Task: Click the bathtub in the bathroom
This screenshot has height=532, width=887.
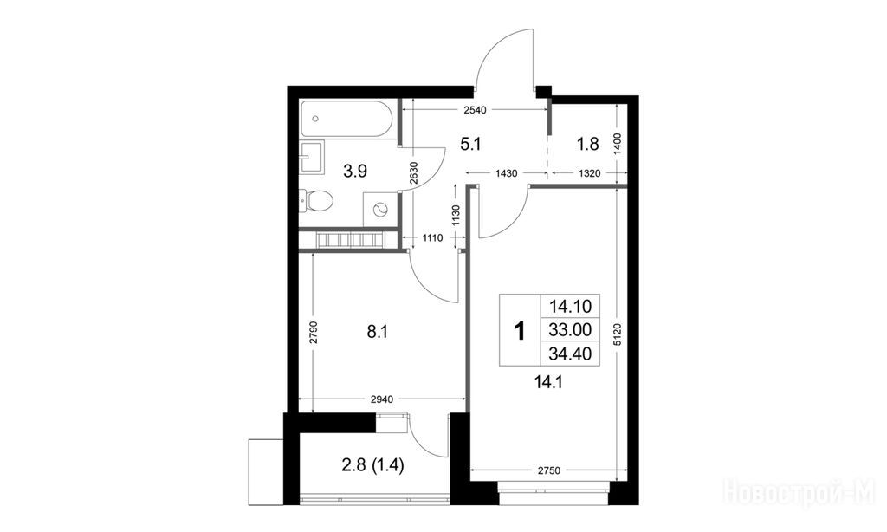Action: click(x=346, y=119)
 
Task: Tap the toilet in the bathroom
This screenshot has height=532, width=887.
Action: click(x=317, y=200)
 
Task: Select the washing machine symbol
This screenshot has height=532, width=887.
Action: click(x=379, y=210)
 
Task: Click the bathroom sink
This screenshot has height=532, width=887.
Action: click(x=312, y=157)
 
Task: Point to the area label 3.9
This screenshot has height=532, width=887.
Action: click(x=355, y=171)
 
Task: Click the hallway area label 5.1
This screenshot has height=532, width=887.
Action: click(x=470, y=145)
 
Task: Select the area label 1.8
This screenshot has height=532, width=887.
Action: click(x=588, y=145)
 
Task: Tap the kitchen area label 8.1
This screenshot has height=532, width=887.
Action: click(x=378, y=332)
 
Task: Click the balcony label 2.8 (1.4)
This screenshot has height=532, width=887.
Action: click(x=372, y=466)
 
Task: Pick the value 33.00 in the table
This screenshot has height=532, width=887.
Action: click(x=570, y=329)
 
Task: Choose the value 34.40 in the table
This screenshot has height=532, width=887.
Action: click(x=570, y=354)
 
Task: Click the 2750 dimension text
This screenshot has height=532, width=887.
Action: click(x=548, y=470)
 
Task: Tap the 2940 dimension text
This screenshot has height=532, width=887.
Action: click(x=382, y=399)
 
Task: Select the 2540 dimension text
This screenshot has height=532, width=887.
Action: click(x=475, y=110)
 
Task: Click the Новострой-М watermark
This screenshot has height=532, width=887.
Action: click(x=800, y=491)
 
